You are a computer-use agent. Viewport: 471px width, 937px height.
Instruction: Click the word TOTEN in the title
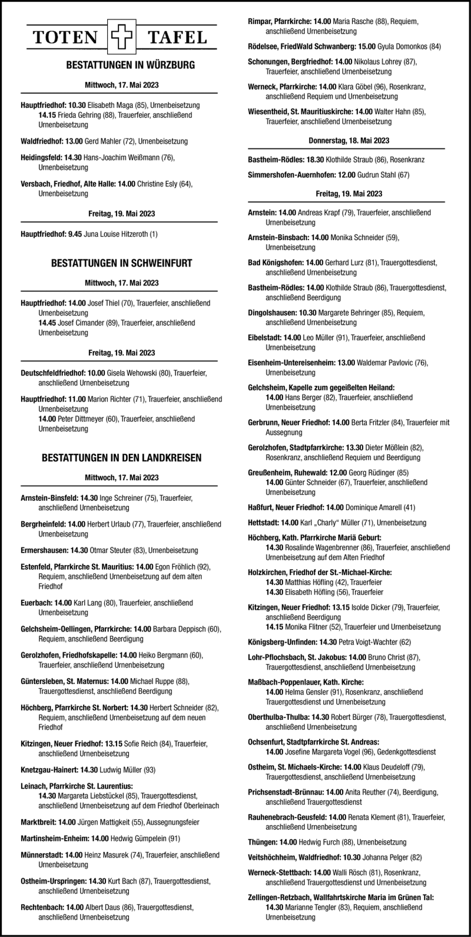(66, 39)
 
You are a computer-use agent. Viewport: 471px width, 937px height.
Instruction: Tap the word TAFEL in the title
(177, 39)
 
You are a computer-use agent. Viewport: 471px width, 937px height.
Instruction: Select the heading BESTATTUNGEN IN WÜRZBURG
(122, 66)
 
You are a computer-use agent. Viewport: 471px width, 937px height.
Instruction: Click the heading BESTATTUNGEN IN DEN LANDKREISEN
(122, 457)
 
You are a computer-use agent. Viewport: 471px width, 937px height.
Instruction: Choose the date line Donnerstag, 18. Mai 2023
(349, 141)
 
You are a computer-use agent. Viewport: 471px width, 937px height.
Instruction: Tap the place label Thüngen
(263, 842)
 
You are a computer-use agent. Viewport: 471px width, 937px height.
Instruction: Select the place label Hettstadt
(264, 522)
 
